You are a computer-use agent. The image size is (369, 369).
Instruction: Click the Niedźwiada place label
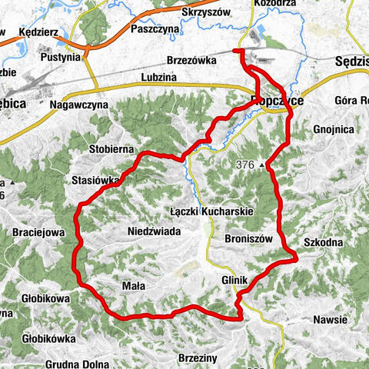pos(155,229)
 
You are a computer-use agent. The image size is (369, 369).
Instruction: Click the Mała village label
pos(134,284)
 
